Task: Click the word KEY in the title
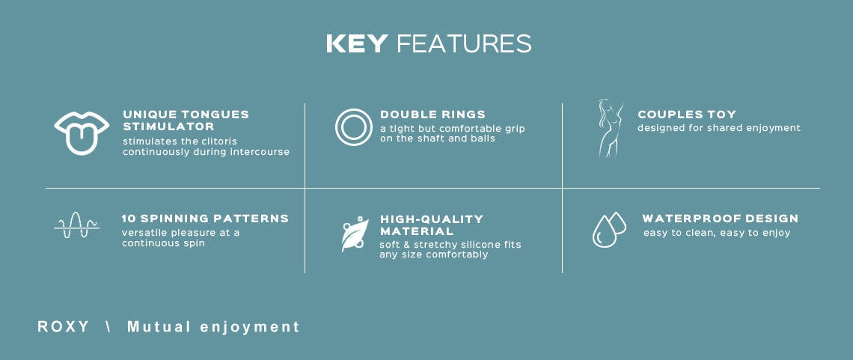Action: point(357,43)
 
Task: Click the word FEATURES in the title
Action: point(464,43)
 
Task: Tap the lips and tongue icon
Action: point(82,133)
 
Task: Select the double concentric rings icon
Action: point(354,127)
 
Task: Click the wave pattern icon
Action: point(77,225)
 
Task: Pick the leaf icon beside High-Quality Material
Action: point(355,234)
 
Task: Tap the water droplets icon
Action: point(609,230)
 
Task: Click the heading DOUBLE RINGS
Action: point(433,115)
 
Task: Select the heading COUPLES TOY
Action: point(687,115)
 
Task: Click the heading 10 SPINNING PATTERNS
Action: point(205,219)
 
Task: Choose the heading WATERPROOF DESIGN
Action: point(721,219)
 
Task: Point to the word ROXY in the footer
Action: point(63,327)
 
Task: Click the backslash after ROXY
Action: point(108,327)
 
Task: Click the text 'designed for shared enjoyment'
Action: point(719,128)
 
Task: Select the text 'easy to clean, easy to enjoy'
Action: point(717,233)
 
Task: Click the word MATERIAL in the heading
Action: point(417,232)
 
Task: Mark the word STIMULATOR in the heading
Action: point(168,126)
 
